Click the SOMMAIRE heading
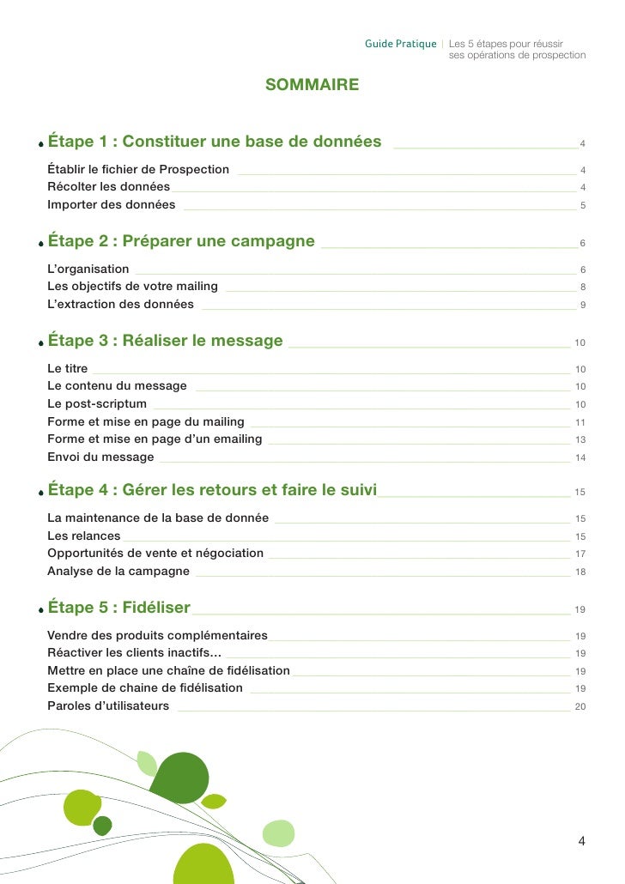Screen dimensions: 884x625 312,85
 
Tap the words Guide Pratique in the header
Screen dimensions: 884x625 400,44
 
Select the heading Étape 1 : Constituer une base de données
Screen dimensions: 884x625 215,142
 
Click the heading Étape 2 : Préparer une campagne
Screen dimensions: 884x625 181,241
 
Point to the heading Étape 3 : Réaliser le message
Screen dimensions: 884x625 165,341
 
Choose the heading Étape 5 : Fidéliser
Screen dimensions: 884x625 118,608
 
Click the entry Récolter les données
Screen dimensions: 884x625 108,187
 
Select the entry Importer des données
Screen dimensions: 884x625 111,205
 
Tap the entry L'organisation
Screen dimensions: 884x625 88,269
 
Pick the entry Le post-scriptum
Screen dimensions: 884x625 96,404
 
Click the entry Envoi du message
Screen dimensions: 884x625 100,457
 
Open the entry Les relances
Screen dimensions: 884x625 83,536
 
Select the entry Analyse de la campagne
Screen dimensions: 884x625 118,572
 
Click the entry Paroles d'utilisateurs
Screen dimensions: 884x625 108,706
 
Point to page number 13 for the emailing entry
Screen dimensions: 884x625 580,440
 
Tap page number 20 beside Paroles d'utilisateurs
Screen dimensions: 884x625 580,706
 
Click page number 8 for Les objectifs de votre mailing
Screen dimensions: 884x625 583,288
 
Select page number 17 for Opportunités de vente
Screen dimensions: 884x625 580,554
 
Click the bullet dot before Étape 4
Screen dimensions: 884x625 40,494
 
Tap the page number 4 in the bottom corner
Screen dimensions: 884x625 581,841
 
